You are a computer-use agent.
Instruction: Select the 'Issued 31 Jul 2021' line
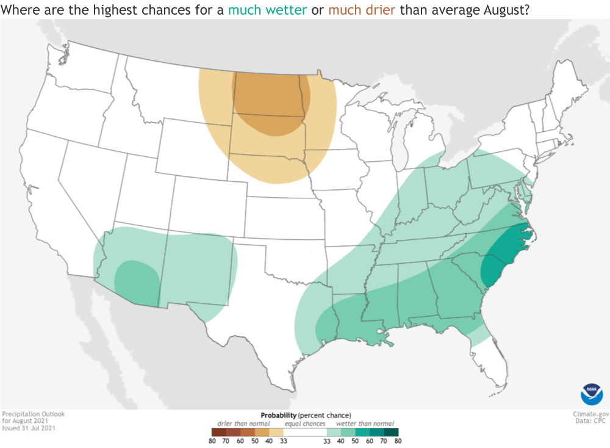click(x=27, y=428)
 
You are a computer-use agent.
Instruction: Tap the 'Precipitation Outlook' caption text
click(x=33, y=414)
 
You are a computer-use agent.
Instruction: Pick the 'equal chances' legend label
click(x=304, y=423)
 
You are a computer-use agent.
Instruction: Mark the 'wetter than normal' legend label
click(x=364, y=423)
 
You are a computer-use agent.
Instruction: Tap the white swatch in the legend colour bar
click(x=304, y=432)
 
